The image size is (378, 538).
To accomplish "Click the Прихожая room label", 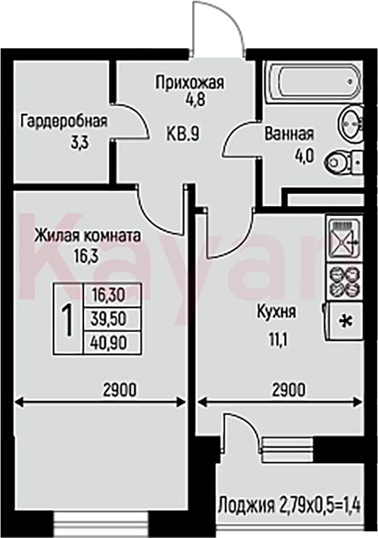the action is [189, 83].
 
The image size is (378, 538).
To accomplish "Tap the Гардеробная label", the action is [64, 121].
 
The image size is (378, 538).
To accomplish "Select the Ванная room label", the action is [289, 134].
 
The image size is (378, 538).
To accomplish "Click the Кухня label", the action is [277, 312].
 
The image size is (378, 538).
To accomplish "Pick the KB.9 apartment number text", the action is [183, 133].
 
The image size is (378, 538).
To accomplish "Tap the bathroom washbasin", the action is [350, 123].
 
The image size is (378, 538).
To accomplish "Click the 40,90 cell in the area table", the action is [112, 343].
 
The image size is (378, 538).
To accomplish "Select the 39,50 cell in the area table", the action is [112, 319].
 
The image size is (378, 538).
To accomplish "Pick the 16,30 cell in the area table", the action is [112, 295].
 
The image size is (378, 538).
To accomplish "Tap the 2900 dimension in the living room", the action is [120, 390].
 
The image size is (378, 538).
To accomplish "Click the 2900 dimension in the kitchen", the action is [289, 390].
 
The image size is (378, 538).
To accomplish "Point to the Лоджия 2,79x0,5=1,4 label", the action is [290, 506].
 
